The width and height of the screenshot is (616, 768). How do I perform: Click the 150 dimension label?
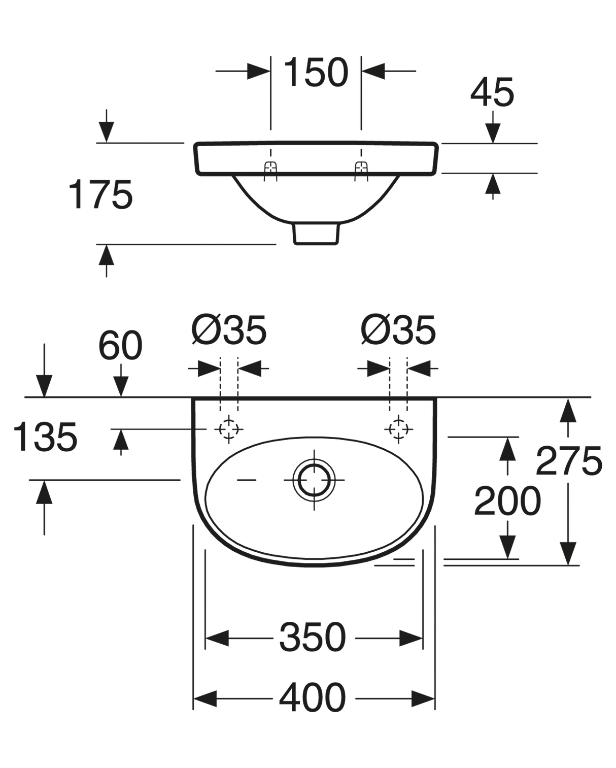[x=316, y=72]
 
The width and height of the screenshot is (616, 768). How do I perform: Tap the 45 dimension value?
[x=492, y=92]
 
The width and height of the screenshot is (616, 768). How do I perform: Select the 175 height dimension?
[x=100, y=194]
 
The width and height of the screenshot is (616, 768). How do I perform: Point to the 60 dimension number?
[x=120, y=346]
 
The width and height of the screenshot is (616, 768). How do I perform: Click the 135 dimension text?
[x=45, y=437]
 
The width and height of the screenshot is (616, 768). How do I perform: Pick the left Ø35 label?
[x=229, y=330]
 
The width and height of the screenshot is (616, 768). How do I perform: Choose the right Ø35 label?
[x=399, y=330]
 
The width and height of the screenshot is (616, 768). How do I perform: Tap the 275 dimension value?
[x=569, y=461]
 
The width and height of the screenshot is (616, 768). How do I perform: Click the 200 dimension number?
[x=507, y=501]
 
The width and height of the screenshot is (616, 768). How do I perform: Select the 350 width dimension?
[x=313, y=638]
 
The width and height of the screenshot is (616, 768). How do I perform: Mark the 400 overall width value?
[x=313, y=698]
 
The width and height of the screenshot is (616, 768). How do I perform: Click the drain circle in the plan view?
[x=315, y=480]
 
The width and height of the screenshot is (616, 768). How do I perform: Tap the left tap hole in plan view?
[x=228, y=429]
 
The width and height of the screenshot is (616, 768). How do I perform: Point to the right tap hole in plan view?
[x=398, y=429]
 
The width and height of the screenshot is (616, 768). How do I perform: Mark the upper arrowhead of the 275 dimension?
[x=568, y=409]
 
